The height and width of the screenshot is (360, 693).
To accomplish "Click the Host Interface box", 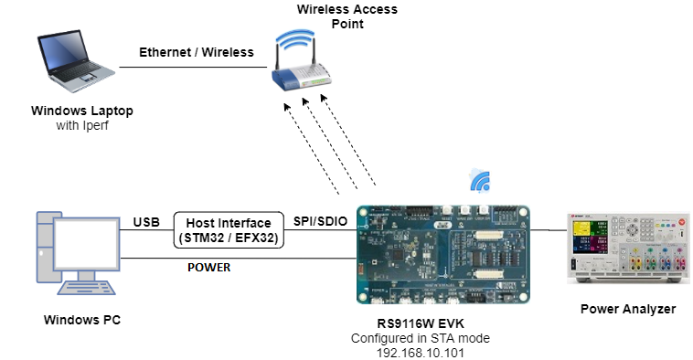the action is [x=229, y=229].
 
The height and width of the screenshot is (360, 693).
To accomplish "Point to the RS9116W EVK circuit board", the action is [x=442, y=254].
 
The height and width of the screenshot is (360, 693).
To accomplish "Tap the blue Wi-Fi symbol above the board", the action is [x=480, y=181].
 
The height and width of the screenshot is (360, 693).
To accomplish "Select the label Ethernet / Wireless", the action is [x=197, y=52].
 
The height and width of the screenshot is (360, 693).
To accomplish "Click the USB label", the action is [x=146, y=222].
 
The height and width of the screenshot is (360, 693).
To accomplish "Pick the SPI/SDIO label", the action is [x=320, y=221].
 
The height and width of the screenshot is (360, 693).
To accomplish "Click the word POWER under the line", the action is [x=209, y=267].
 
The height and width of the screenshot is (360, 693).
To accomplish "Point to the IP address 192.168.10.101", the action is [x=421, y=353].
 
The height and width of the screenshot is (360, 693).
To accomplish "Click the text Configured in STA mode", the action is [x=421, y=338].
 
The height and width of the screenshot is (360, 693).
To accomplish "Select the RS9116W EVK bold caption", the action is [x=421, y=323].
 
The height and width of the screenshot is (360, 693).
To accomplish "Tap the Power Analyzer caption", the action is [x=628, y=309].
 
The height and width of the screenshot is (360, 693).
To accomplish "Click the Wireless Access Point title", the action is [x=347, y=16].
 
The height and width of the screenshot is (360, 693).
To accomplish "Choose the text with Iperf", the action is [x=82, y=125].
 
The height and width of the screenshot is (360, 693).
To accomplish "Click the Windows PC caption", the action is [x=82, y=320].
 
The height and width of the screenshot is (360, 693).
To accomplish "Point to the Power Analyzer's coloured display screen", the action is [x=590, y=238].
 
